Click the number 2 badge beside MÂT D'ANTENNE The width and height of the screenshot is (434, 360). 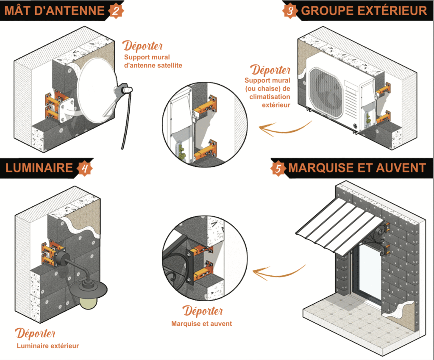pyautogui.click(x=114, y=10)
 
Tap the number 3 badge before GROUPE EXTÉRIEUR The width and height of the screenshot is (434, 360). pyautogui.click(x=290, y=10)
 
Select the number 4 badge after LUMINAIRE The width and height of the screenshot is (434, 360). pyautogui.click(x=85, y=168)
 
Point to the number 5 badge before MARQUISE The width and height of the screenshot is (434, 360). pyautogui.click(x=278, y=168)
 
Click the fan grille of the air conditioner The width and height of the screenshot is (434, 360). pyautogui.click(x=326, y=91)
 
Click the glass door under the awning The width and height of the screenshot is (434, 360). pyautogui.click(x=365, y=271)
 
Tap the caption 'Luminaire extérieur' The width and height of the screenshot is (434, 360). pyautogui.click(x=48, y=346)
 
